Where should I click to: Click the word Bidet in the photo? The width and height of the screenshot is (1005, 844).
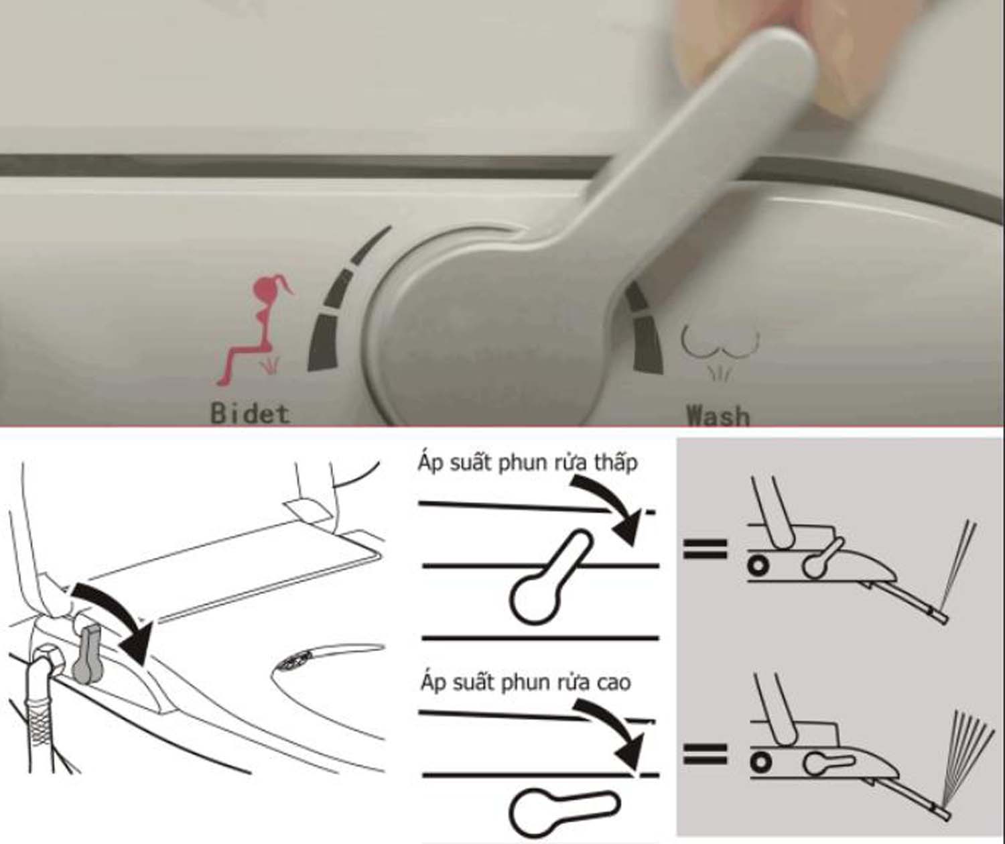(251, 414)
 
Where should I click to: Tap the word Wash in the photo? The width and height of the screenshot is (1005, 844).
(718, 416)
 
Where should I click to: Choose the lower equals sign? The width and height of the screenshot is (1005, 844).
(705, 754)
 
